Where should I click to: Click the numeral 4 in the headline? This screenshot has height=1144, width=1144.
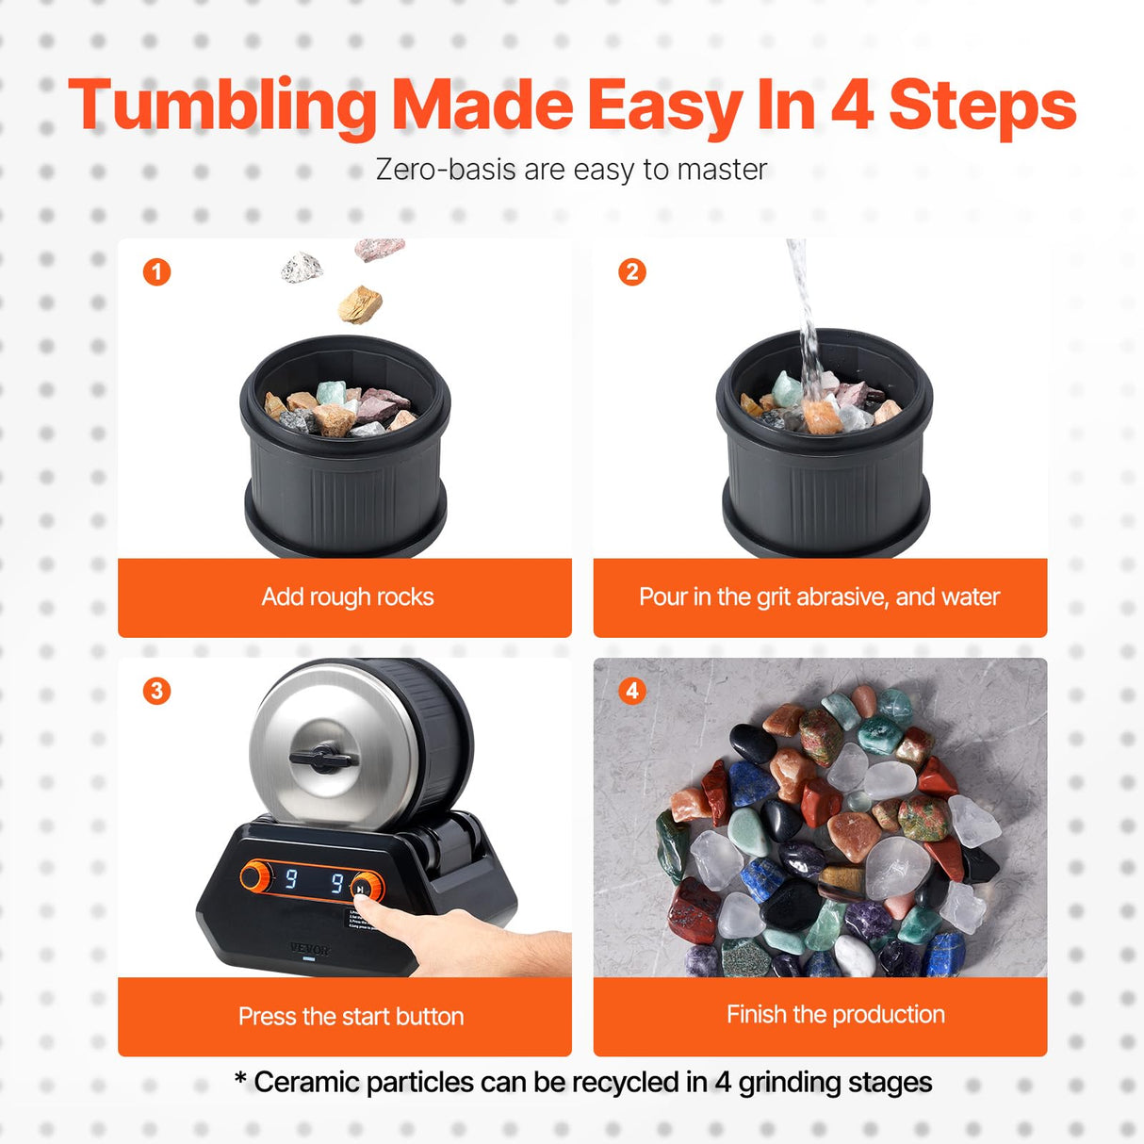click(851, 105)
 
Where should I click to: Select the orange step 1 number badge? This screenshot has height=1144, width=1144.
click(156, 272)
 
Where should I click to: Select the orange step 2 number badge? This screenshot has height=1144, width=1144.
click(632, 272)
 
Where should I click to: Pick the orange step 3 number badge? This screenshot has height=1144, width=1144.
click(156, 691)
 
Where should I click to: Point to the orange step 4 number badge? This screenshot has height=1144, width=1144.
click(632, 691)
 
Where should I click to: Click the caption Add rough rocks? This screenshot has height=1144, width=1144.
click(347, 597)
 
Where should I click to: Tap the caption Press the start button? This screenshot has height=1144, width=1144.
click(351, 1016)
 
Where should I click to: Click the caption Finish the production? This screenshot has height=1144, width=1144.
click(835, 1014)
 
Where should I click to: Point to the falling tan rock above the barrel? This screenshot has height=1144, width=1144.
click(361, 304)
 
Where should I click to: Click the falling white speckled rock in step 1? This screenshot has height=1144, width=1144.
click(302, 267)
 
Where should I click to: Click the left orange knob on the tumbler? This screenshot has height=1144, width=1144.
click(254, 875)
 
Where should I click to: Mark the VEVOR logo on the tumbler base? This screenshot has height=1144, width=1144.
click(309, 949)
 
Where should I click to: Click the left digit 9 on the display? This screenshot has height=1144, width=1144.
click(291, 879)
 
